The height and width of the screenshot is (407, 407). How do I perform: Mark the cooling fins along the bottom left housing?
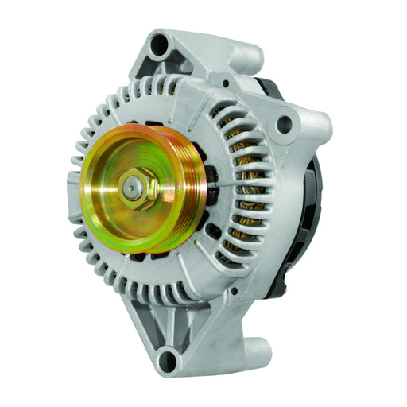tap(119, 274)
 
